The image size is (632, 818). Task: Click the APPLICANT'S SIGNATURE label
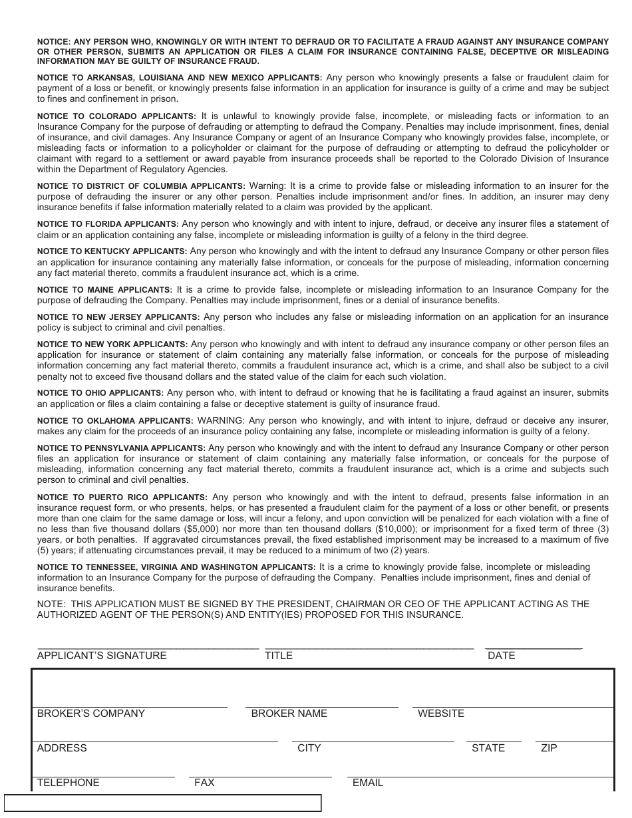tap(102, 656)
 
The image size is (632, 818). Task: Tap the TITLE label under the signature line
tap(279, 656)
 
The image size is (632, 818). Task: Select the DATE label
tap(502, 656)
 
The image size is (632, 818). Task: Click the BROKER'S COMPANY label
tap(91, 714)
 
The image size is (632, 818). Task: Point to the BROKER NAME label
tap(289, 714)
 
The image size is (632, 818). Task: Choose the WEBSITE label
tap(441, 714)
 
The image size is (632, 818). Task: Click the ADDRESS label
tap(62, 748)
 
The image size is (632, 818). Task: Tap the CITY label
tap(309, 748)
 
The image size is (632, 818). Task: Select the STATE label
tap(488, 748)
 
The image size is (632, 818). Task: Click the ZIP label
tap(549, 748)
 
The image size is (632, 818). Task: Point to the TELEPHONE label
tap(69, 783)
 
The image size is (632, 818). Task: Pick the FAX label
tap(204, 783)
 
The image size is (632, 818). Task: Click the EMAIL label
tap(368, 783)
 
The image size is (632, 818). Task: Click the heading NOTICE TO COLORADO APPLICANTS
tap(116, 116)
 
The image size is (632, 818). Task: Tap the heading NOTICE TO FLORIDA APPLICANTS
tap(108, 225)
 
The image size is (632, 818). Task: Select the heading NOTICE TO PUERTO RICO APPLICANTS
tap(122, 497)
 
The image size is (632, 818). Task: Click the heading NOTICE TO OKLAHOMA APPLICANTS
tap(115, 421)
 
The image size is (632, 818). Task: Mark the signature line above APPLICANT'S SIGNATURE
tap(148, 648)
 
